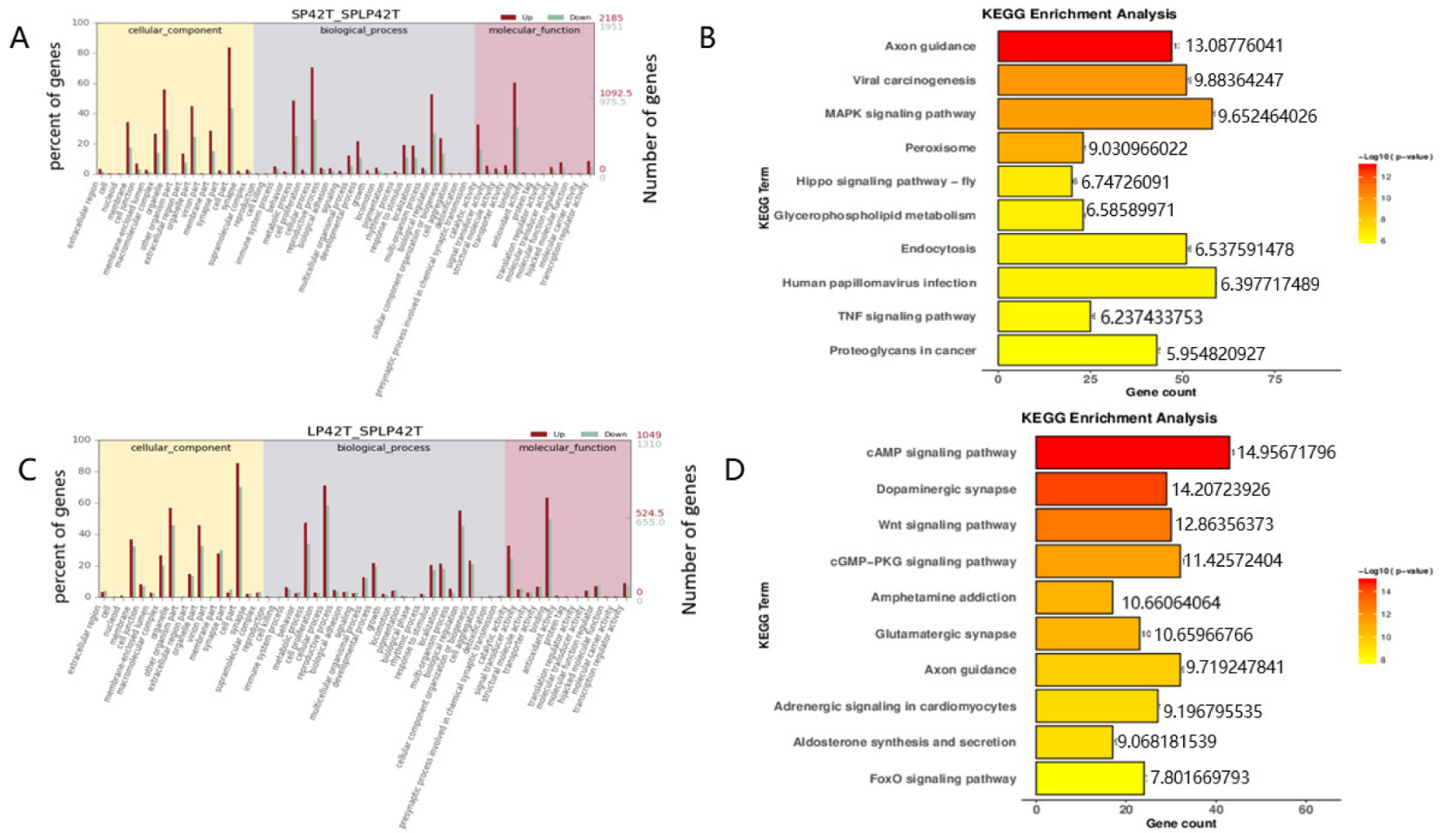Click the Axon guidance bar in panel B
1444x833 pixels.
1084,46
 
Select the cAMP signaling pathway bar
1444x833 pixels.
1132,452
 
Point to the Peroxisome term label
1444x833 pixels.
939,148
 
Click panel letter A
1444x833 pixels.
19,39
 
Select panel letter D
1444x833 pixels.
734,470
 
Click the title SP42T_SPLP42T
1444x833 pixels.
345,14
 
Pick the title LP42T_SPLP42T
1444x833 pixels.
364,431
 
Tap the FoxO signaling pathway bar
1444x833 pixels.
1089,778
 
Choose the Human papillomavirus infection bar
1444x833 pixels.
1106,283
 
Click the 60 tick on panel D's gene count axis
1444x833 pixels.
1305,810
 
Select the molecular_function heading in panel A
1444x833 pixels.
534,30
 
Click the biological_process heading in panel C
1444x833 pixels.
384,448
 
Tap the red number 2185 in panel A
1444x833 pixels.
611,17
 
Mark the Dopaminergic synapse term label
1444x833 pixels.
946,490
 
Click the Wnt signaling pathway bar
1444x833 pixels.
1102,525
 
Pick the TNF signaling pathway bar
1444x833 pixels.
1043,317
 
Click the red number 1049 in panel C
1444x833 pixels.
648,434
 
